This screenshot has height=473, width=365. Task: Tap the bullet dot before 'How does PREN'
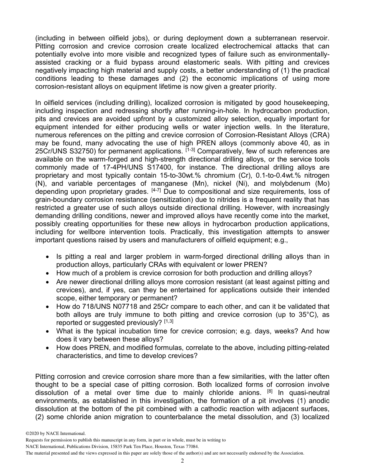point(47,348)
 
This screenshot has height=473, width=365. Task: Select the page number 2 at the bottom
point(182,461)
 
